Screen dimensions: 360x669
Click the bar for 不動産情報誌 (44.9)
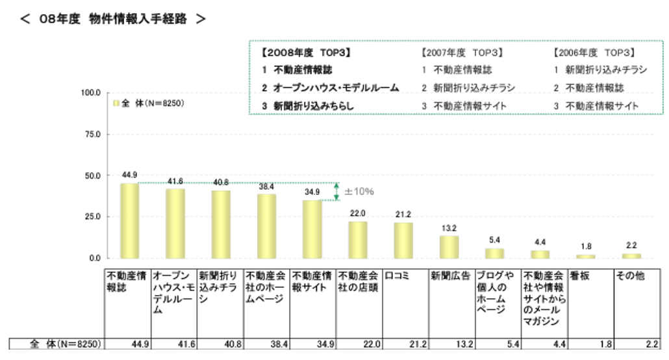[129, 221]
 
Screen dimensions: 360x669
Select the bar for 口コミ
[403, 240]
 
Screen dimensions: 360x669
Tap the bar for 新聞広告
[449, 247]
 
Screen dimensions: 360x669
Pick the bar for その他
[632, 256]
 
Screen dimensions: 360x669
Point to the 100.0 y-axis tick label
[89, 93]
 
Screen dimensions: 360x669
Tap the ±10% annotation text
[359, 192]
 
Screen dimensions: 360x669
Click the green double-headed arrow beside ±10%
[337, 191]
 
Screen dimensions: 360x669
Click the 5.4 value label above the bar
[495, 240]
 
